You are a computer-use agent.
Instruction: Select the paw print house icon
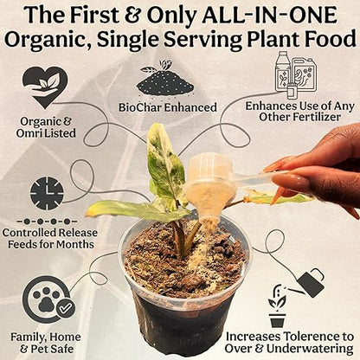coord(46,296)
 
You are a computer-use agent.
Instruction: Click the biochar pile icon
coord(164,80)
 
